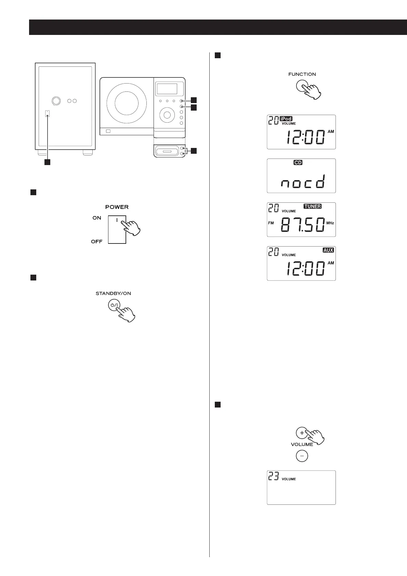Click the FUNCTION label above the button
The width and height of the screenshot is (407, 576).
coord(302,74)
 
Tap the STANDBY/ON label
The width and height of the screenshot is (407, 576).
coord(113,293)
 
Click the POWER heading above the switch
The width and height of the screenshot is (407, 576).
coord(117,207)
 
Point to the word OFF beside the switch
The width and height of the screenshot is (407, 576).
coord(97,242)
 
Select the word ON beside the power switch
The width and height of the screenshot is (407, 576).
coord(97,218)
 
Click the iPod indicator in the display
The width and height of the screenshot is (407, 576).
coord(286,119)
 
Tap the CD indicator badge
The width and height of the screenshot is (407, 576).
coord(298,163)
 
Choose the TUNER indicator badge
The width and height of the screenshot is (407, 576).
coord(313,206)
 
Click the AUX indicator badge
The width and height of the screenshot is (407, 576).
coord(328,250)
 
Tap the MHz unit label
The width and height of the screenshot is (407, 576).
coord(330,223)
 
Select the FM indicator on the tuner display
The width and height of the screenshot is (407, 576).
coord(271,223)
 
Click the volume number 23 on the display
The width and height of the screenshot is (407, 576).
coord(273,476)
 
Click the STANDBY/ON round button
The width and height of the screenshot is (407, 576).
coord(114,305)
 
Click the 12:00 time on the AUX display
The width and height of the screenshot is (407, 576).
coord(305,268)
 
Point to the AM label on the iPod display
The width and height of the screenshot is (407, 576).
coord(330,132)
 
